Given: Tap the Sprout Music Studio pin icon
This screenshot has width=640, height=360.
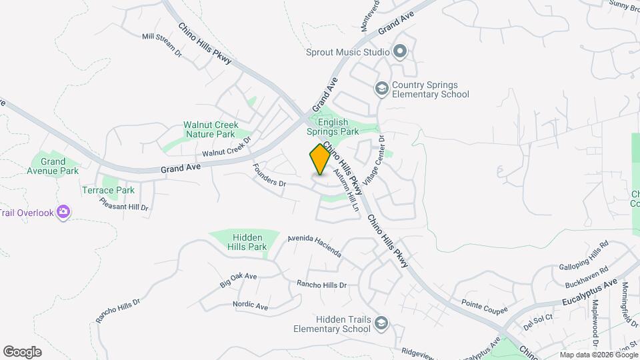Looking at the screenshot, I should coord(400,51).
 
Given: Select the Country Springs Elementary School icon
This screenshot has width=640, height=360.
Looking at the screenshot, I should coord(381,89).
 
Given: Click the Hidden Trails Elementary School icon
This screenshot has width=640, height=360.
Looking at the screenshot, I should coord(381,323).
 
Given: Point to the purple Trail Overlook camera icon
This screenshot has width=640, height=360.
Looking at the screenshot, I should coord(63,212).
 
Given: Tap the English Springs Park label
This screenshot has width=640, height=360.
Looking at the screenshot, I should coord(333,127).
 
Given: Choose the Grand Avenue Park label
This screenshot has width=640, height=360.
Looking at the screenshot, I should coord(53,166).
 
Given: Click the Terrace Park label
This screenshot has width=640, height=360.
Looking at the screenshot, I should coord(117,190).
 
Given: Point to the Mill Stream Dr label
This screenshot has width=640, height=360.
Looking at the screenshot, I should coord(162,45).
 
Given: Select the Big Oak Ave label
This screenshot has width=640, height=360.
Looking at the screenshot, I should coord(238,280).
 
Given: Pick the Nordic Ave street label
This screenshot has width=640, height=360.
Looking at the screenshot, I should coord(251,306).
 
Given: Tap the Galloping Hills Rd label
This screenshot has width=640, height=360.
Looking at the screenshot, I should coord(584,254).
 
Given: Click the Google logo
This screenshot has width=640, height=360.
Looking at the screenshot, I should coord(22,351).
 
